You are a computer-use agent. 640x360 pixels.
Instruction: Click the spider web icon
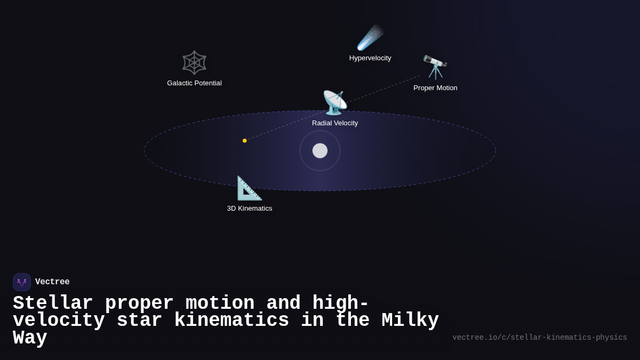194,62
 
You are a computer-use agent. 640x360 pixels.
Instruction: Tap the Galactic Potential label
194,83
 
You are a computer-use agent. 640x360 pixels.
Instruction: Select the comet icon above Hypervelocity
370,37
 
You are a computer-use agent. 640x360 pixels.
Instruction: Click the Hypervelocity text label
370,58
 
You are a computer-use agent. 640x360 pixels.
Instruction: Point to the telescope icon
435,67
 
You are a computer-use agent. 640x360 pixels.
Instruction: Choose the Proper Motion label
435,88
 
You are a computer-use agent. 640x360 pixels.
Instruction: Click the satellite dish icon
335,102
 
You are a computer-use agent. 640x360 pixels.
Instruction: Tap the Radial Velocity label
335,123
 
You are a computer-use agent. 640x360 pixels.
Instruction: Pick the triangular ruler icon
250,188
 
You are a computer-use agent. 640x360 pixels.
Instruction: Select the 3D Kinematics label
250,209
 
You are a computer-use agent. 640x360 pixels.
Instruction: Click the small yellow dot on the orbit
245,141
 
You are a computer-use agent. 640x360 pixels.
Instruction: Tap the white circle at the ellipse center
320,151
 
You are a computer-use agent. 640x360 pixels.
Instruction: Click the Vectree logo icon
22,282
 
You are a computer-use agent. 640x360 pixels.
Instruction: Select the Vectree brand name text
52,282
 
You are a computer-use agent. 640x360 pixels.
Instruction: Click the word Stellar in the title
53,303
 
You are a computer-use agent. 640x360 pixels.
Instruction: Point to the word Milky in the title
410,321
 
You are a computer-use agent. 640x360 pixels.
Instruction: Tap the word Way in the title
30,338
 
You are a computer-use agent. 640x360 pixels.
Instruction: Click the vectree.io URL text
539,338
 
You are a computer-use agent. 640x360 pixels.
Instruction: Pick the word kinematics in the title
231,321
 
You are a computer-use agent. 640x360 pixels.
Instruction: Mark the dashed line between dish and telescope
384,88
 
